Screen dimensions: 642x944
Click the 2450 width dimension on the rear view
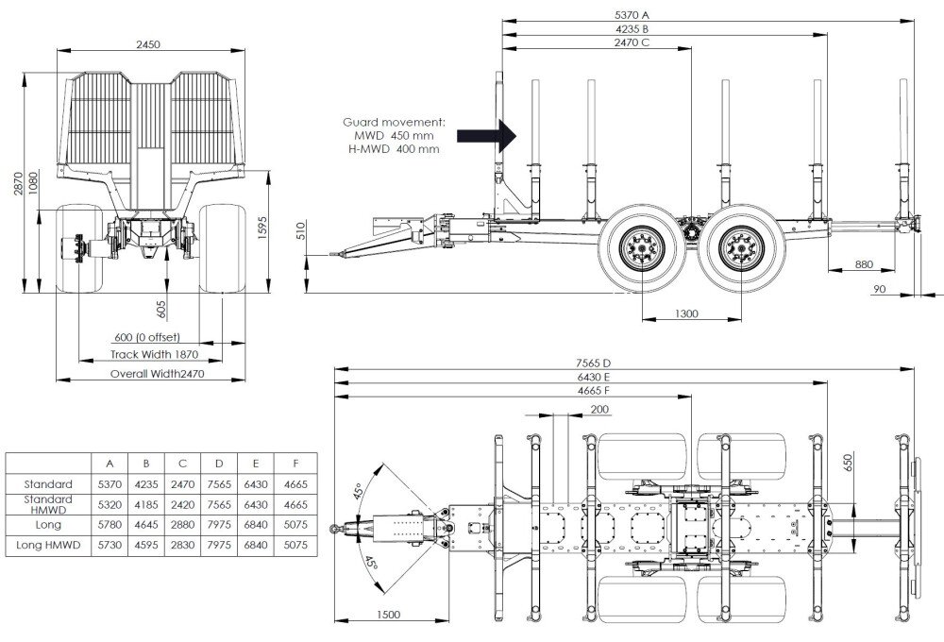tap(147, 43)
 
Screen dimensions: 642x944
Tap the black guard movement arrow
tap(487, 135)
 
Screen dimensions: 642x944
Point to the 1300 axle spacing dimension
tap(687, 313)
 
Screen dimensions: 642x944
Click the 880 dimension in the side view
tap(864, 264)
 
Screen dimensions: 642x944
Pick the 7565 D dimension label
tap(594, 363)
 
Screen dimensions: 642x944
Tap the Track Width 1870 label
tap(155, 355)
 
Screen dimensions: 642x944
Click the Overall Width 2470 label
tap(157, 374)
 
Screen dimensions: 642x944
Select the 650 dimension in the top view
tap(848, 462)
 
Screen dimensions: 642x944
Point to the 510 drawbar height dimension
tap(299, 231)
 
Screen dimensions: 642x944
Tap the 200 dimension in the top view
tap(598, 410)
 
